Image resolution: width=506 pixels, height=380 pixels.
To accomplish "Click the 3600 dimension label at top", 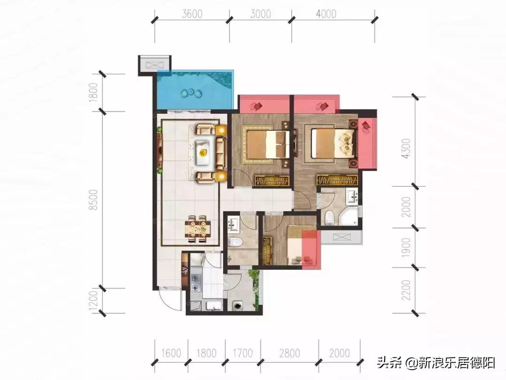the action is tap(192, 14).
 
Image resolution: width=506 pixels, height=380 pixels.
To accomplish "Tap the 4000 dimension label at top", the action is tap(326, 14).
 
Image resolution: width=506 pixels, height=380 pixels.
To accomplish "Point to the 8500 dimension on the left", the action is tap(93, 200).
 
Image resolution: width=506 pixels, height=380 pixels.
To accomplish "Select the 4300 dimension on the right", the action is tap(407, 148).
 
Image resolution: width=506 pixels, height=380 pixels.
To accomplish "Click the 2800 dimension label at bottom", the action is tap(290, 353).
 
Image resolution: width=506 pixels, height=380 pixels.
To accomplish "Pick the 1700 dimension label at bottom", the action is tap(242, 353).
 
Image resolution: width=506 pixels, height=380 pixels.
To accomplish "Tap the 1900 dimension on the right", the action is tap(406, 248).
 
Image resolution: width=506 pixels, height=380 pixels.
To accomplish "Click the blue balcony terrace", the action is tap(194, 90).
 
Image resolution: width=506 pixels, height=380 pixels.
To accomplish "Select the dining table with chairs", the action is tap(197, 228).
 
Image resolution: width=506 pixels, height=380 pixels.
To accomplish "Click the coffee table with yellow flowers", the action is tap(203, 152).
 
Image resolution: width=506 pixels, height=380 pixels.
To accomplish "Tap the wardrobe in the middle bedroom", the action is tap(272, 181).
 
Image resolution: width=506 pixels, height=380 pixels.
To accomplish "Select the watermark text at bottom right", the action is tap(436, 363).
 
